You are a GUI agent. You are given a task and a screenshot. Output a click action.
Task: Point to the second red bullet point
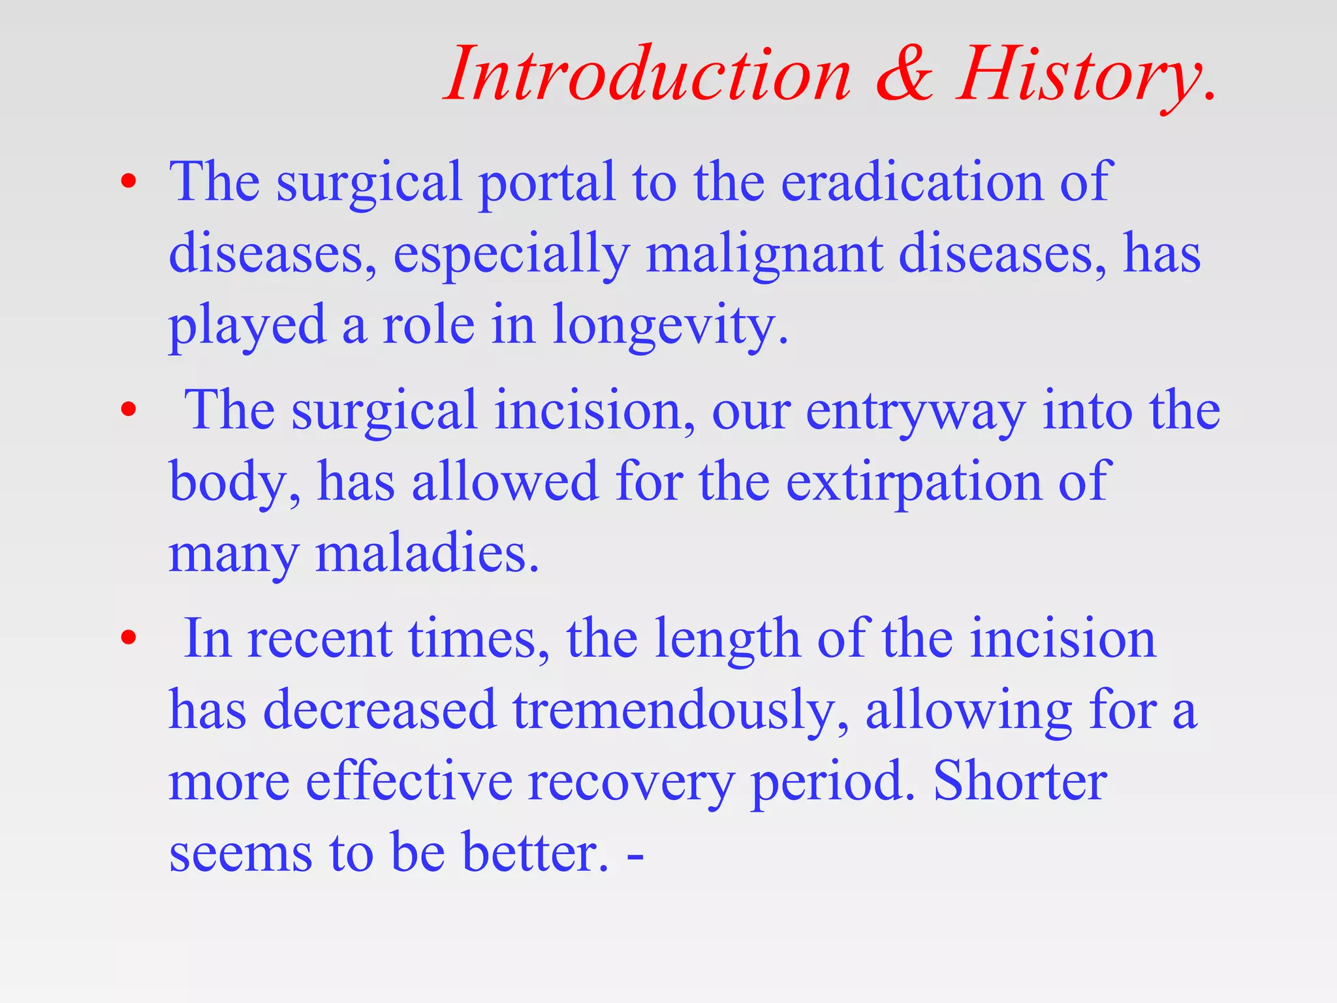tap(129, 410)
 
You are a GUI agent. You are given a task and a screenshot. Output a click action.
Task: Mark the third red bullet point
tap(129, 637)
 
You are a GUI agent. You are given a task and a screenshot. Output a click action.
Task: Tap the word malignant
tap(764, 255)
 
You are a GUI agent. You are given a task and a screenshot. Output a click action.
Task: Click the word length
tap(727, 640)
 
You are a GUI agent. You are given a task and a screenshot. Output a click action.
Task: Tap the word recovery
tap(631, 784)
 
